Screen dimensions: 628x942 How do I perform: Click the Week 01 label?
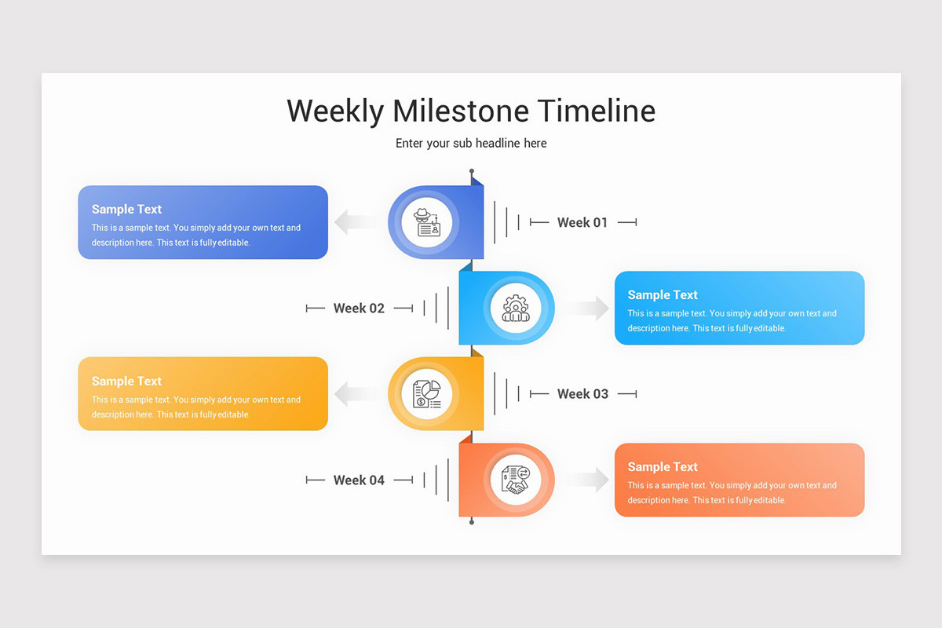coord(582,223)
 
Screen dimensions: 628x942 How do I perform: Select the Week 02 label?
coord(359,309)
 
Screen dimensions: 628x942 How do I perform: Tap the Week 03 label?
coord(582,394)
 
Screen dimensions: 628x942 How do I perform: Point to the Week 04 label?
coord(359,480)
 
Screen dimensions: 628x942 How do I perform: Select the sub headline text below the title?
coord(471,143)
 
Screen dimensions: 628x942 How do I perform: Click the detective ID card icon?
coord(427,223)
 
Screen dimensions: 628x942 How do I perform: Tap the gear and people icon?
coord(515,309)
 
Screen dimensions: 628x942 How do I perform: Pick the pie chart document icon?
coord(427,394)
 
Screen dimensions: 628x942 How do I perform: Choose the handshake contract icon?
coord(515,480)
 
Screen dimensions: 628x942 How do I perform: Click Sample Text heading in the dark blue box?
coord(126,210)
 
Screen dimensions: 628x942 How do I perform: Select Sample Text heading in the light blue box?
coord(663,295)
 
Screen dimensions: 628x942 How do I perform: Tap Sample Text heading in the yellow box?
coord(126,382)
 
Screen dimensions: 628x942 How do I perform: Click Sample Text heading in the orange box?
coord(663,467)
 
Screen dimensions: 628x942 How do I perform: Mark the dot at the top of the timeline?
coord(472,171)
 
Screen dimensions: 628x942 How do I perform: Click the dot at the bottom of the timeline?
coord(472,521)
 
